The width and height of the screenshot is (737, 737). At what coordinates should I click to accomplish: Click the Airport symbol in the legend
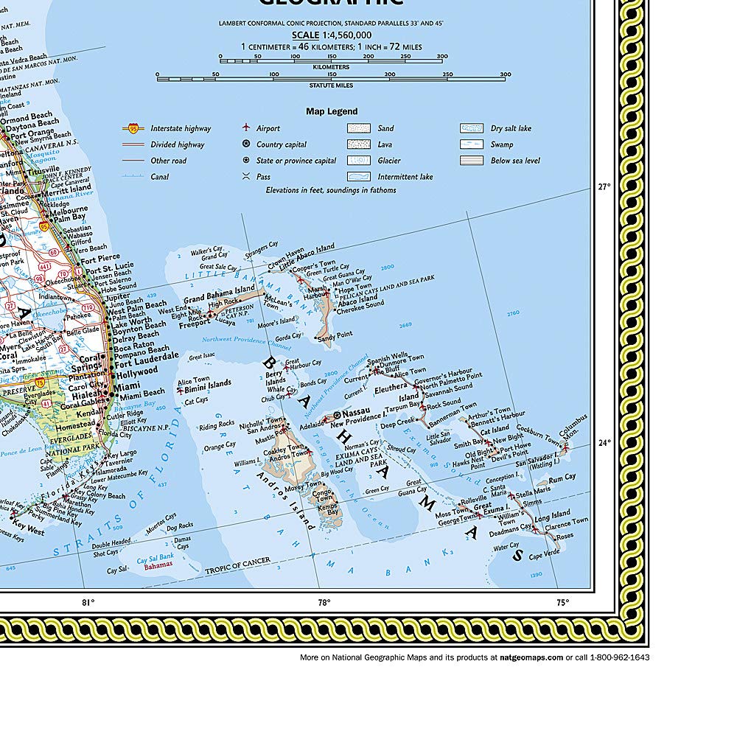point(246,128)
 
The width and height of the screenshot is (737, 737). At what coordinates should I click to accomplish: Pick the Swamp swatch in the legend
point(471,144)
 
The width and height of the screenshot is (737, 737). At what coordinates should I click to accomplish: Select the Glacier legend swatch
point(358,161)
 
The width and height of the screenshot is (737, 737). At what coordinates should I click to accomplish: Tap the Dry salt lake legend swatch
point(471,128)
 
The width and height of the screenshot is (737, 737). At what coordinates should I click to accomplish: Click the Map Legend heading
point(332,112)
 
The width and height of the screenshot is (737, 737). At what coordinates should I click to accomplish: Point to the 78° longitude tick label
point(324,602)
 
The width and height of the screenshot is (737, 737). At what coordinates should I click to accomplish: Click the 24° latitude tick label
point(602,443)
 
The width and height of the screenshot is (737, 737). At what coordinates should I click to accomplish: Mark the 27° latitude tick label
point(602,187)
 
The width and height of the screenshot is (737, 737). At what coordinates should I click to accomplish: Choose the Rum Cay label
point(562,479)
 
